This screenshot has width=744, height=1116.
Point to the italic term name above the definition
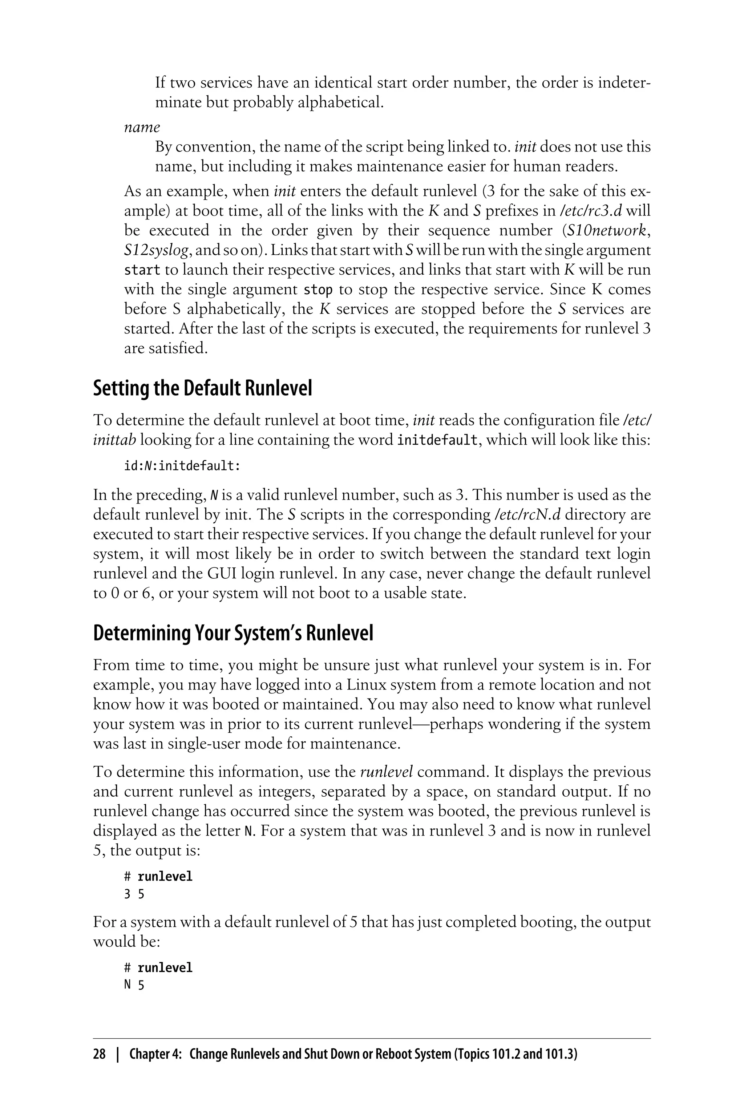(142, 127)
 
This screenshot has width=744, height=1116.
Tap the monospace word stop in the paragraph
(318, 290)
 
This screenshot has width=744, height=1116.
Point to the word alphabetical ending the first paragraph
(340, 102)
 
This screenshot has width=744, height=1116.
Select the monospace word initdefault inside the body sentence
(437, 440)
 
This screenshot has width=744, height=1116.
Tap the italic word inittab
(114, 440)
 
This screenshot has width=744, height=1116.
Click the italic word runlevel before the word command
(386, 772)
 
